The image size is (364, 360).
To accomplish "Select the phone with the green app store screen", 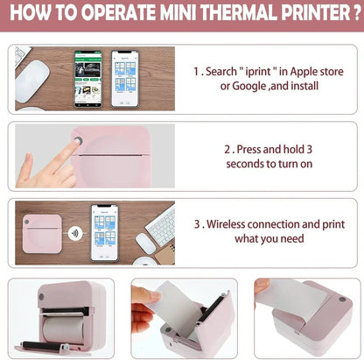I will pos(88,77).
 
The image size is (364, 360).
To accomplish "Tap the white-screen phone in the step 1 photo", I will pos(126,77).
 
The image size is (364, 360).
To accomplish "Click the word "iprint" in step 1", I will pos(267,70).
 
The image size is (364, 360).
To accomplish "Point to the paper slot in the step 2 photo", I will pos(122,154).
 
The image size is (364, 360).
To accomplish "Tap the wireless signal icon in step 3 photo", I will pos(77,234).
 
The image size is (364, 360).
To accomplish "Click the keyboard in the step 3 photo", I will pos(161,227).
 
